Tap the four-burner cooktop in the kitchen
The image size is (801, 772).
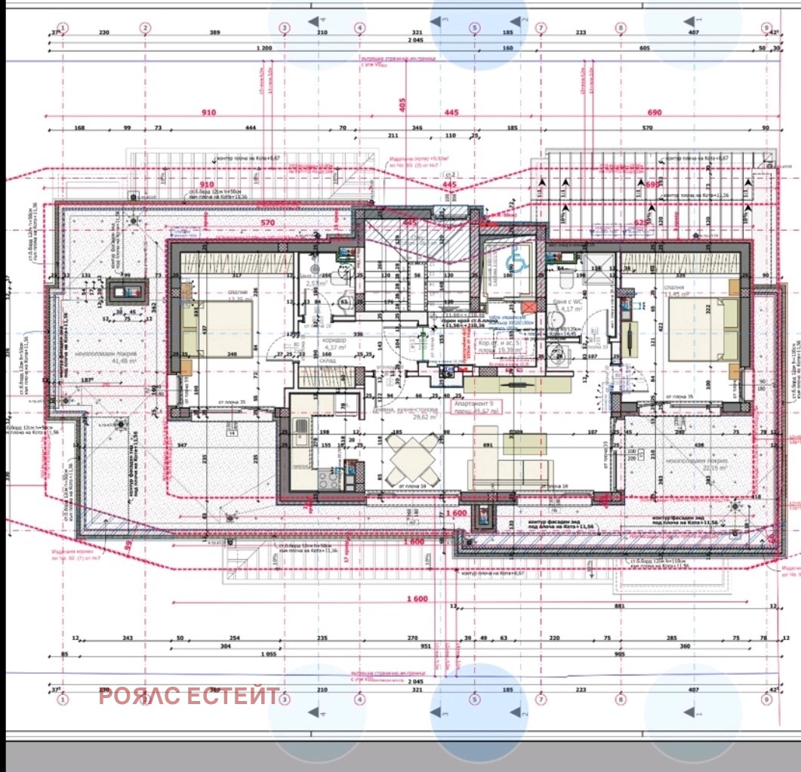(x=330, y=478)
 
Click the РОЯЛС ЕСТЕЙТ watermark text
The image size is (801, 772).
(x=189, y=696)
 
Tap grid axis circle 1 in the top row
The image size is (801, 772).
(x=63, y=28)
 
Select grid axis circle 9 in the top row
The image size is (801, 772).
(x=767, y=28)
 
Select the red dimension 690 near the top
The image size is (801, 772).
(x=654, y=112)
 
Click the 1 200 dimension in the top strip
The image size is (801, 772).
(x=264, y=48)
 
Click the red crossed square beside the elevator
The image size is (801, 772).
(x=529, y=307)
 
